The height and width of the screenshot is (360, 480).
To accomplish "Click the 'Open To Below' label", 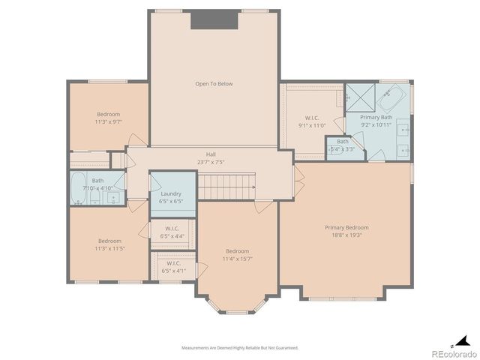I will pos(214,84).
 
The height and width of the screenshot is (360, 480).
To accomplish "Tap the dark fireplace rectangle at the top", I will pos(214,20).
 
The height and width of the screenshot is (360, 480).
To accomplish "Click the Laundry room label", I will pos(172,193).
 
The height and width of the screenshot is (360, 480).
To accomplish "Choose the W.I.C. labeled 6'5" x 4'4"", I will pos(172,232).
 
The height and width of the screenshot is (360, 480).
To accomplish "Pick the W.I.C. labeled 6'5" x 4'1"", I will pos(172,266).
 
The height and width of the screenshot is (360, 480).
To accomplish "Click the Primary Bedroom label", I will pos(346,227).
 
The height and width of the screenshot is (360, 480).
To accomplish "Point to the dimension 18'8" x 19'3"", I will pos(346,235).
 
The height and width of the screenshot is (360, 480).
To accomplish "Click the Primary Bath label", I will pos(376,117).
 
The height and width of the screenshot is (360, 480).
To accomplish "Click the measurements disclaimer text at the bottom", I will pos(240,348).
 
